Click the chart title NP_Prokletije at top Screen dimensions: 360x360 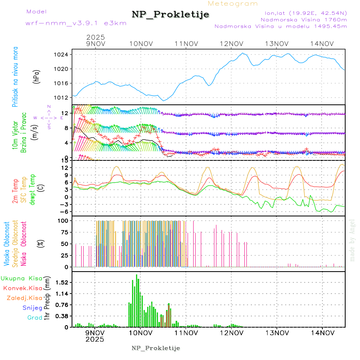click(170, 15)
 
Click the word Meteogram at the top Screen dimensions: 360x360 click(233, 4)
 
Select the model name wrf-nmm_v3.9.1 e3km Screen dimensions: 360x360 click(76, 23)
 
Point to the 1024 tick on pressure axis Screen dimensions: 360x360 click(64, 54)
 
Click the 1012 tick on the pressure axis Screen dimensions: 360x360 click(64, 98)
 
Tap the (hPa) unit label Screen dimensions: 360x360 click(37, 76)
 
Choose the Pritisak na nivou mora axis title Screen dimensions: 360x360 click(15, 76)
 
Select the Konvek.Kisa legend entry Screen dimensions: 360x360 click(22, 288)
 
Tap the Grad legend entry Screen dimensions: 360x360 click(35, 318)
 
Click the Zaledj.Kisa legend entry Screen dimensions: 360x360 click(24, 298)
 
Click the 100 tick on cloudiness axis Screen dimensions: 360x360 click(64, 220)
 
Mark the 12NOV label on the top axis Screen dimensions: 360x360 click(232, 44)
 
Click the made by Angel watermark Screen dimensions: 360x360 click(352, 240)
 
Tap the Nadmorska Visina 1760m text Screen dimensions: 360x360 click(304, 19)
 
